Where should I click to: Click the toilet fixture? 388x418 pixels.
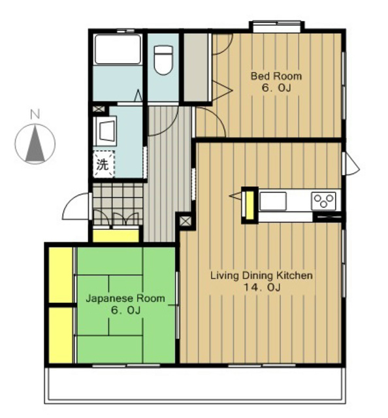tap(163, 60)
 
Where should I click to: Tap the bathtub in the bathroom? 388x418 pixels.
tap(118, 49)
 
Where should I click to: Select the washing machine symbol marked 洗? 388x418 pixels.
tap(103, 164)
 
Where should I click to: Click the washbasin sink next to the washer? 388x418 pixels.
tap(105, 131)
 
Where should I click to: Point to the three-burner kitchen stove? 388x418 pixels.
tap(323, 201)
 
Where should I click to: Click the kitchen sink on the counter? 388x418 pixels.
tap(273, 201)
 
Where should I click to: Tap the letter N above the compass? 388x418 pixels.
tap(35, 114)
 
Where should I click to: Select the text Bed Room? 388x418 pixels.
tap(276, 76)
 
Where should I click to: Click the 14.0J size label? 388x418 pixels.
tap(262, 287)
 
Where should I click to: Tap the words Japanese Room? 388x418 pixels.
tap(125, 298)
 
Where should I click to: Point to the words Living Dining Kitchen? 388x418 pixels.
tap(261, 276)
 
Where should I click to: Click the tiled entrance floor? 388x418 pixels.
tap(118, 204)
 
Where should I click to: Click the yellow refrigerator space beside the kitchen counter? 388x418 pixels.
tap(250, 205)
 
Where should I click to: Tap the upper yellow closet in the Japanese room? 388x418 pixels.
tap(61, 275)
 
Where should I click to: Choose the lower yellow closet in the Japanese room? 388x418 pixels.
tap(61, 335)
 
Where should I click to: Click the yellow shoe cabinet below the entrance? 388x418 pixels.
tap(116, 235)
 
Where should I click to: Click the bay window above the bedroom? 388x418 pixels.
tap(277, 27)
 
